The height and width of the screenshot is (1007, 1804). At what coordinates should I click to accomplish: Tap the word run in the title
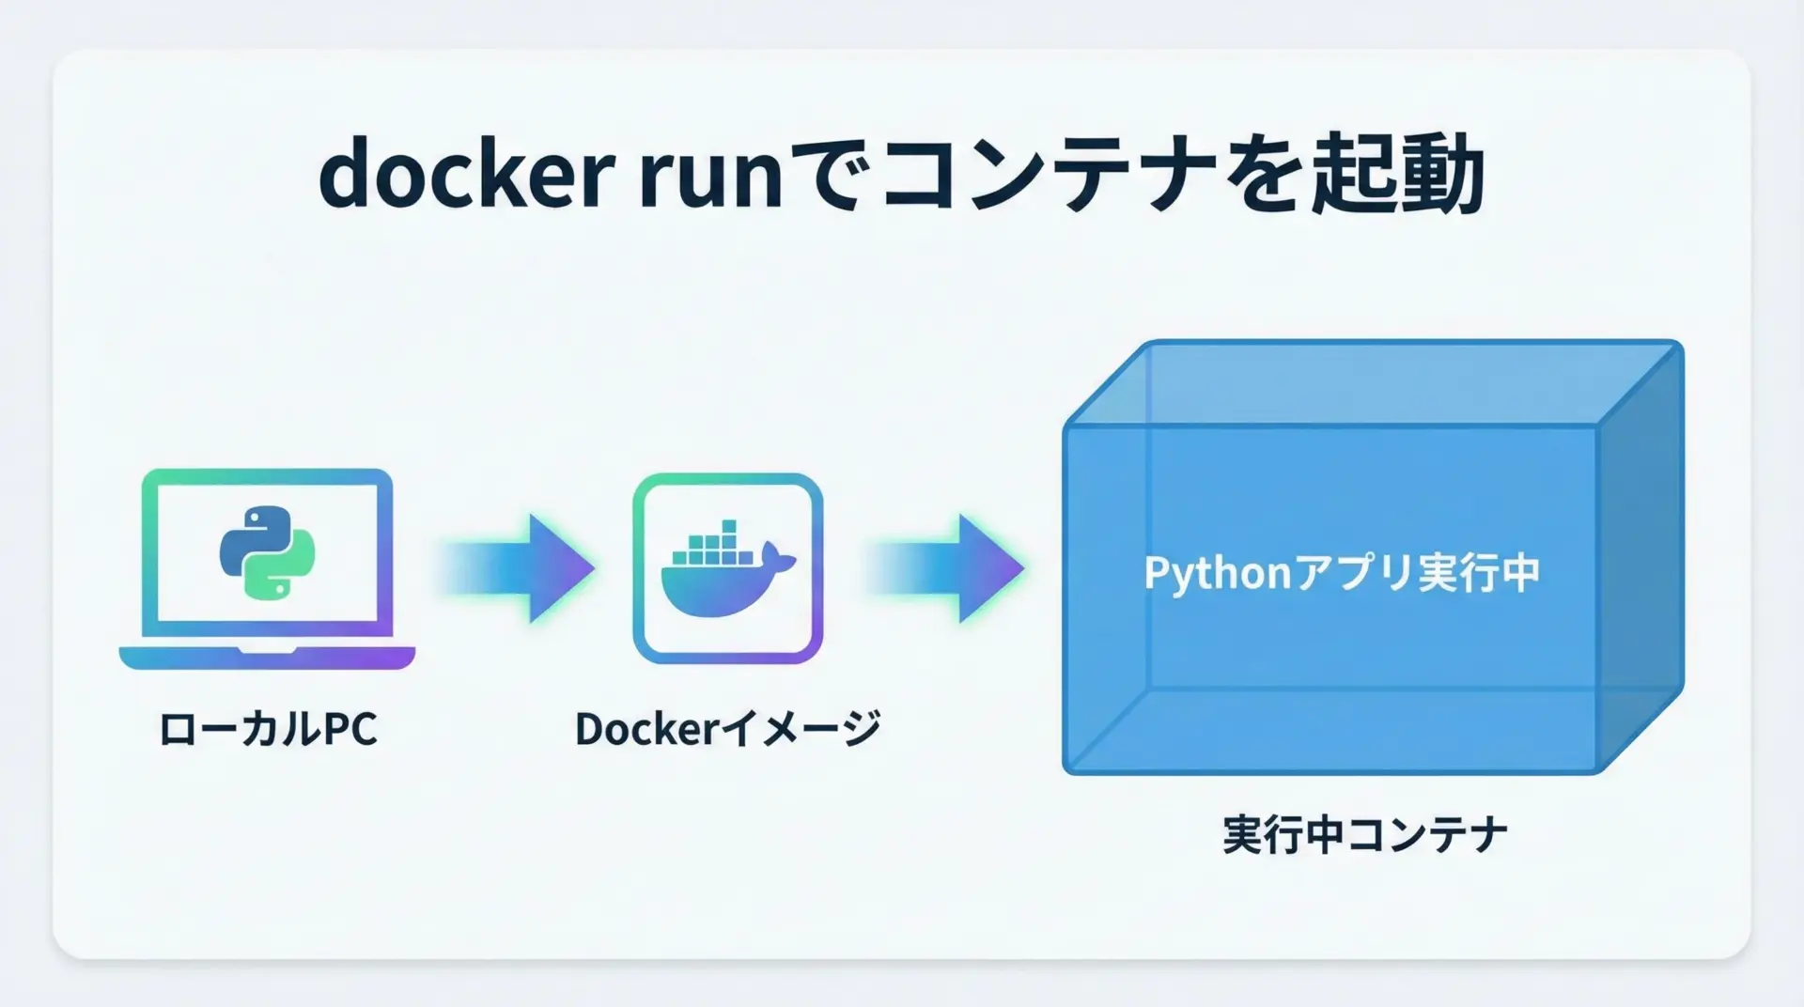tap(710, 178)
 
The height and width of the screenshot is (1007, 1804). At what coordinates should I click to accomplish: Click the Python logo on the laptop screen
tap(267, 551)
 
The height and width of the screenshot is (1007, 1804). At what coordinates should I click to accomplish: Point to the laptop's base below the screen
tap(267, 658)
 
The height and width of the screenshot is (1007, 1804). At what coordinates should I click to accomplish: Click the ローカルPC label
tap(268, 730)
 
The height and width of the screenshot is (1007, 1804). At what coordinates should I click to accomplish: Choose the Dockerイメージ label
tap(727, 729)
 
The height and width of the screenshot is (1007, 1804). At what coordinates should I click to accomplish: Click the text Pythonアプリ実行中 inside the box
tap(1342, 573)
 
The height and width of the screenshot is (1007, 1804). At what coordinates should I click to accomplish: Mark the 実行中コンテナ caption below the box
tap(1364, 834)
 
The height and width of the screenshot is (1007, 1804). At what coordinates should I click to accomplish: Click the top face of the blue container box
tap(1372, 383)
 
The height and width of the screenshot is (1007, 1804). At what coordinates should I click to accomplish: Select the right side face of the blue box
tap(1640, 554)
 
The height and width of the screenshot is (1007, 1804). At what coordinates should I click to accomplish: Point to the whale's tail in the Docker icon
tap(779, 558)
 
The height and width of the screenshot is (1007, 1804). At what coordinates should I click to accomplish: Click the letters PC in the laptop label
tap(350, 730)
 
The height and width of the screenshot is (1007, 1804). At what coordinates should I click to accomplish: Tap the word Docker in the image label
tap(646, 729)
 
